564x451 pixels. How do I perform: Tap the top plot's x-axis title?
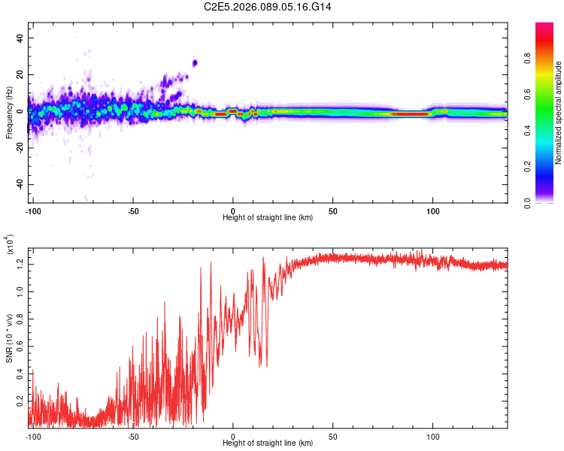(268, 218)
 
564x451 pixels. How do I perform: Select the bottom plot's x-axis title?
(268, 443)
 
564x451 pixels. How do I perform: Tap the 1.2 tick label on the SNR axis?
(19, 263)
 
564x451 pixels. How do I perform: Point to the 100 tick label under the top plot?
(432, 211)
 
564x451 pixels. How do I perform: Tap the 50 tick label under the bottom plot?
(332, 437)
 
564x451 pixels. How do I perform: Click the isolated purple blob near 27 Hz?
(195, 62)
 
